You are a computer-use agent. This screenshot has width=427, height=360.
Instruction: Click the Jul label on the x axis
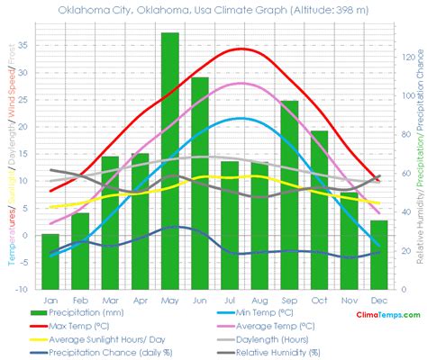point(230,299)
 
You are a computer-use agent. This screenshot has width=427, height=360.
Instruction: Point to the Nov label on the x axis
point(349,299)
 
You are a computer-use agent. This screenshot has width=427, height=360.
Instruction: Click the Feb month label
point(80,299)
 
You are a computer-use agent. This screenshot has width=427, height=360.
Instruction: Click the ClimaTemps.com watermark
point(389,315)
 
